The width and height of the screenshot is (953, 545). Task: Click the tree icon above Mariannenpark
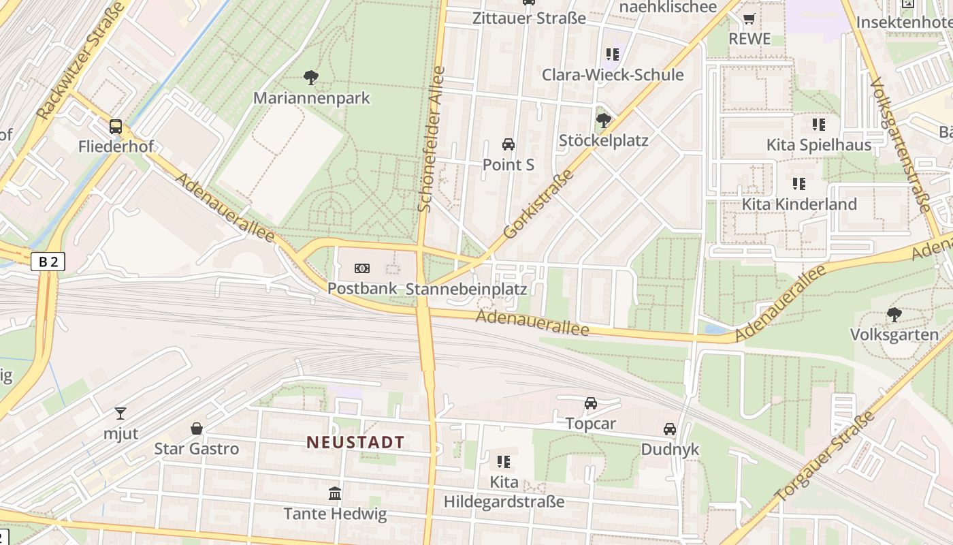[311, 77]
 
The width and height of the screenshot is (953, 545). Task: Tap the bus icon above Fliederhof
[116, 126]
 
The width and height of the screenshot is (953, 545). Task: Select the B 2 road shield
[48, 261]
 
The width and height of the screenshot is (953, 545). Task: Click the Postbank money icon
[362, 268]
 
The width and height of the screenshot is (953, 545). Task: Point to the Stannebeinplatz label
[466, 289]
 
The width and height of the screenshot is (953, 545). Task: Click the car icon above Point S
[508, 144]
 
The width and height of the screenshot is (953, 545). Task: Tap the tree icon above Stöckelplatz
[603, 121]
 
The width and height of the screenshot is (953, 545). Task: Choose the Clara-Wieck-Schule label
[613, 75]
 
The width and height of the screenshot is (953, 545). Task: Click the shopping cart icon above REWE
[749, 18]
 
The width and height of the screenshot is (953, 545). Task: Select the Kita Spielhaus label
[819, 145]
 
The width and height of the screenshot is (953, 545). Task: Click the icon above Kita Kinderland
[799, 183]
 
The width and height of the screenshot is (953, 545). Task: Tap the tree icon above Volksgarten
[894, 314]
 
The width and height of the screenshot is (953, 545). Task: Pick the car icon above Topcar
[591, 403]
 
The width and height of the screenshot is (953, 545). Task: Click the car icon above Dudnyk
[670, 429]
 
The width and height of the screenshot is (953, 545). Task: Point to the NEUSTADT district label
[355, 442]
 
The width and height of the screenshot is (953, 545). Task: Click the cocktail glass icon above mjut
[120, 413]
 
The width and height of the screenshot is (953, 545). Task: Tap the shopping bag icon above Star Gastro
[197, 429]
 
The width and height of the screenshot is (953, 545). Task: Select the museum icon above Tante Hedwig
[335, 493]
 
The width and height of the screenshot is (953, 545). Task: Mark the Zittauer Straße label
[529, 18]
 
